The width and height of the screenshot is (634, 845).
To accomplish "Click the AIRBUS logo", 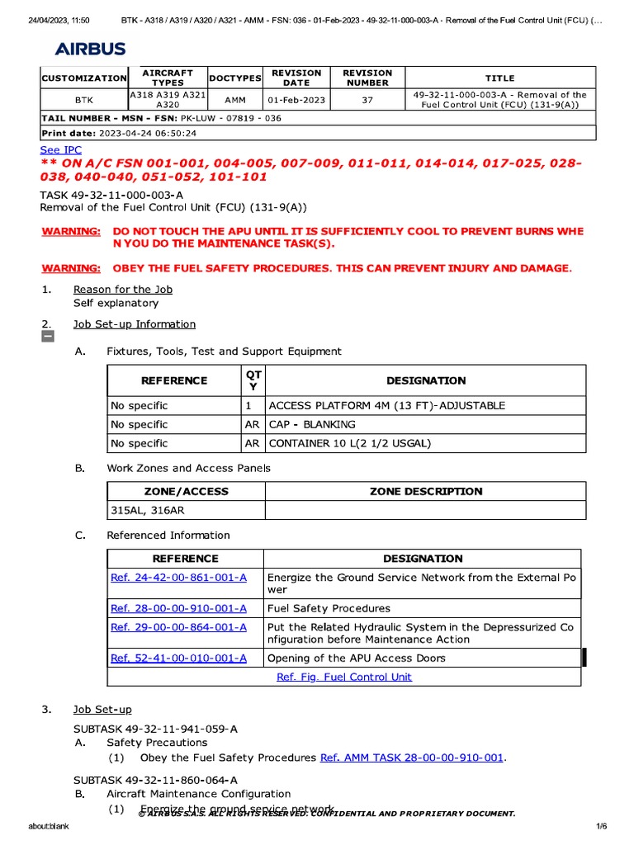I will [x=91, y=50].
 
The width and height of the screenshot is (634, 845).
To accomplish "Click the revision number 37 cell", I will [x=367, y=100].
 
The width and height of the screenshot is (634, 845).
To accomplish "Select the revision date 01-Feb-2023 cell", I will [x=296, y=100].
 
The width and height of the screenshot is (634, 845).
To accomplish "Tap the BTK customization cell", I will [x=84, y=100].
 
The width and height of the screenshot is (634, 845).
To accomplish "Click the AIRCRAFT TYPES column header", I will [x=168, y=78].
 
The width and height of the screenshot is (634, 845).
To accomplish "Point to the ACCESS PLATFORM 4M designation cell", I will [x=386, y=406].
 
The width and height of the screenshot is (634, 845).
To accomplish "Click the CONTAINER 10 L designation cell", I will [x=350, y=444].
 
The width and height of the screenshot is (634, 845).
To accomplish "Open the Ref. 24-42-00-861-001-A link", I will [x=178, y=578].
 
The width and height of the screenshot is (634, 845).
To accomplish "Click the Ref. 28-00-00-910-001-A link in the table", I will [x=178, y=609].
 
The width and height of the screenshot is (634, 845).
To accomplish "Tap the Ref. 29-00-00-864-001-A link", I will [x=178, y=627].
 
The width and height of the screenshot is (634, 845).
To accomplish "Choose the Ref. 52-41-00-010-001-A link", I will [x=178, y=659].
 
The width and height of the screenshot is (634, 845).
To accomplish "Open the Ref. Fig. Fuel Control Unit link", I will [x=343, y=677].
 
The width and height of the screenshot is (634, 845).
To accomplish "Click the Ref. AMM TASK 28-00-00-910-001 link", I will [x=411, y=758].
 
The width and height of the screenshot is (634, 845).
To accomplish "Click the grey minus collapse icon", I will [x=47, y=337].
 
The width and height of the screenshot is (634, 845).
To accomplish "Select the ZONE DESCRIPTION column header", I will [x=425, y=492].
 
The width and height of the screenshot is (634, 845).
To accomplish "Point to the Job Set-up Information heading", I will [x=135, y=324].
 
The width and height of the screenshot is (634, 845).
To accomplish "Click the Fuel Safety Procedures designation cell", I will [x=329, y=609].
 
